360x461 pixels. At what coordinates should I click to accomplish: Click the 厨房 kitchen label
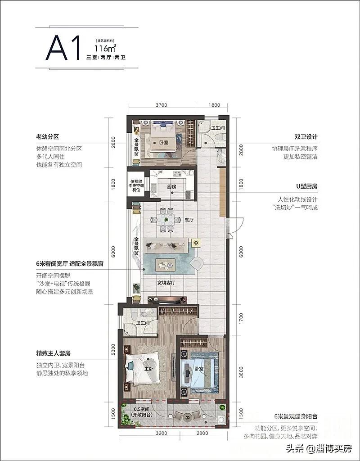pos(171,186)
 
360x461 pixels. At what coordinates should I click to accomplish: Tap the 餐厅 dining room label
pos(189,220)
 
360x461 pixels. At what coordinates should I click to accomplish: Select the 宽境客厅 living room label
pos(166,283)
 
